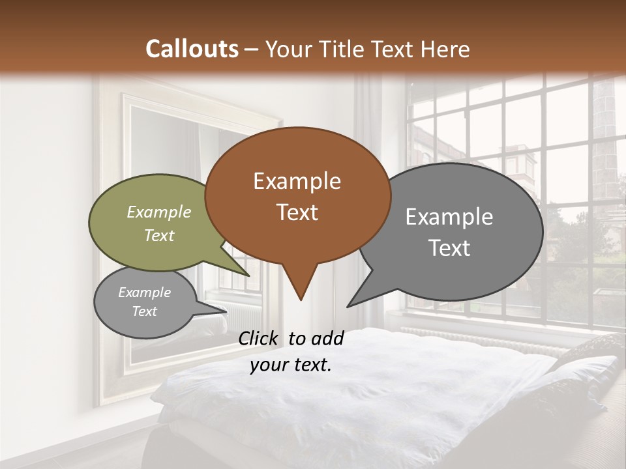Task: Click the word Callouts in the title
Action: pos(192,49)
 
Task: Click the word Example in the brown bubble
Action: pos(297,181)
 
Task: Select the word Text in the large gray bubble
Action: pos(449,248)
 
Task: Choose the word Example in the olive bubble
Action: pos(159,212)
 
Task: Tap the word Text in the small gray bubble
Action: pos(145,311)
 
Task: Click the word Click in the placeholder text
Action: pos(259,338)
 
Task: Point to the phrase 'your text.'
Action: pos(290,365)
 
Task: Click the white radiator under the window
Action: pos(483,339)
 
